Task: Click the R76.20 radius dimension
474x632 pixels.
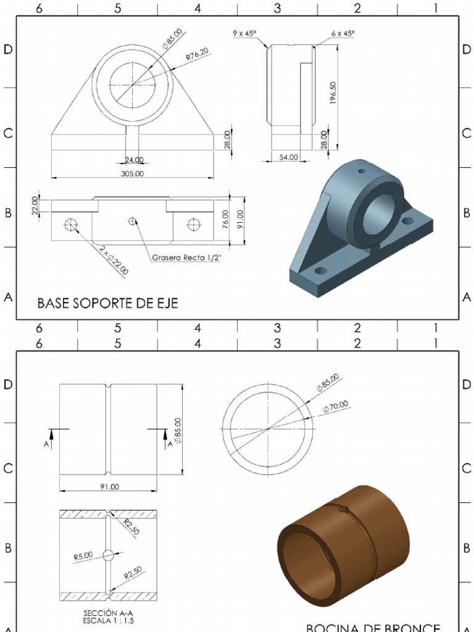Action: [x=197, y=56]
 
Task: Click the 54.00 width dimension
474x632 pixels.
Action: [x=288, y=157]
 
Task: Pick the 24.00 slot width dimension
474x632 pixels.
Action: [x=134, y=160]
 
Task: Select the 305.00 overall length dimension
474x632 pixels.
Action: [x=132, y=173]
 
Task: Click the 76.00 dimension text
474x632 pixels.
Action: [x=226, y=218]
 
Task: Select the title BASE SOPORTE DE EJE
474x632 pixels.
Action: [x=107, y=303]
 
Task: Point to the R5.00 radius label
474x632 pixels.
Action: [x=83, y=556]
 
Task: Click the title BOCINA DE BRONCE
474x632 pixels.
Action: [x=373, y=627]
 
